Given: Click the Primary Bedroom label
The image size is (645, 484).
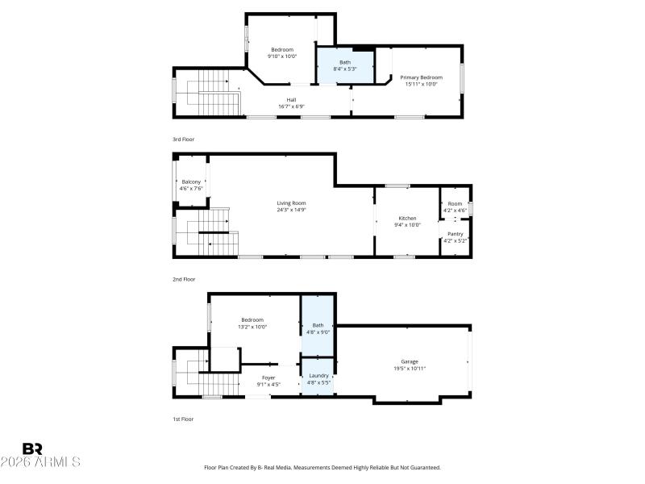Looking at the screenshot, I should pos(421,77).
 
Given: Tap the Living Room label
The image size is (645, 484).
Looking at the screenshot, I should pos(291,203).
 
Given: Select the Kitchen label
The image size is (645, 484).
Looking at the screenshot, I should pos(407,219).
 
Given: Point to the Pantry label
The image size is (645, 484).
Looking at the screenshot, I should pos(456,234).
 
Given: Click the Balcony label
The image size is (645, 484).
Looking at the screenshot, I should pos(190,182).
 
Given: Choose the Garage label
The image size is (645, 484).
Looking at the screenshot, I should pos(410,361).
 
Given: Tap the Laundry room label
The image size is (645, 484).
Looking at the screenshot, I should pos(318,375).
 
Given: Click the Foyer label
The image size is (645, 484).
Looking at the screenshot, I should pos(268,378).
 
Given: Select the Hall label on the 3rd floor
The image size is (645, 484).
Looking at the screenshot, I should pos(291,100).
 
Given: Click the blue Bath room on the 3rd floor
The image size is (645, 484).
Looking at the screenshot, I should pos(344,65).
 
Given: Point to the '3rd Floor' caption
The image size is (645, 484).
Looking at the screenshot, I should pos(183,140).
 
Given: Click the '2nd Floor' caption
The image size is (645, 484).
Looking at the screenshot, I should pos(184,279).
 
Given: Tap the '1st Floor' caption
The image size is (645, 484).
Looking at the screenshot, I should pos(183,419).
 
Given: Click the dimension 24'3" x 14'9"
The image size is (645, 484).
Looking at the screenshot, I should pos(291,210).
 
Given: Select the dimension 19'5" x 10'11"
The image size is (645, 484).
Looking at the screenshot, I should pos(410,368).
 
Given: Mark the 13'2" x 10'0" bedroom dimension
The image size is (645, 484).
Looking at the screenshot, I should pos(252,327).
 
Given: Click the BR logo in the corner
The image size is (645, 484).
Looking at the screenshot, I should pos(32,449).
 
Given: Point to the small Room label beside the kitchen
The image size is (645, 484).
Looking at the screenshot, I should pos(456,203).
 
